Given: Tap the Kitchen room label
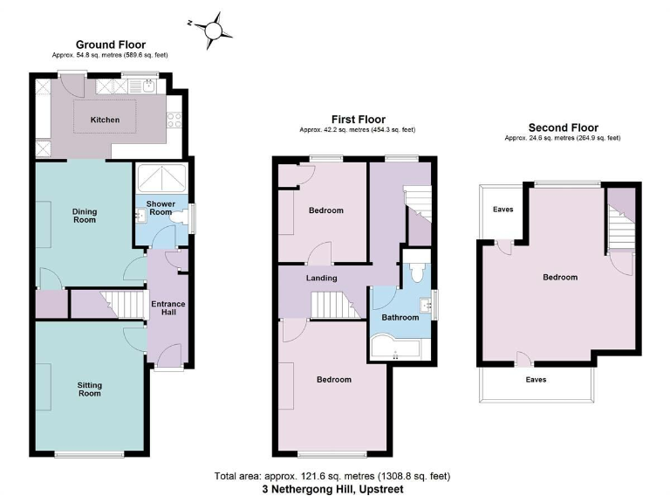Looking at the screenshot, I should tap(106, 121).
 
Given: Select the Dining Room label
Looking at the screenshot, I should tap(85, 216).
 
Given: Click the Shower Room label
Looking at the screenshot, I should tap(161, 209).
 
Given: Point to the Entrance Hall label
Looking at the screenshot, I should tap(168, 308).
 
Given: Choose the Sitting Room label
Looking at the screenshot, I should tap(89, 389).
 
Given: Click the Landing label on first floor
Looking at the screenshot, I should tap(321, 278).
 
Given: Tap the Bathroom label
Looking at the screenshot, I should tap(400, 317).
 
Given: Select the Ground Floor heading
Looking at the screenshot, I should tap(110, 45).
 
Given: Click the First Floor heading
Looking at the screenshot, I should tap(358, 120).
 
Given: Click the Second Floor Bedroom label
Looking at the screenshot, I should tap(560, 278).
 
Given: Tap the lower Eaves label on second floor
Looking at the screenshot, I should tap(535, 380).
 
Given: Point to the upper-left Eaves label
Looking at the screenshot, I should tap(502, 210).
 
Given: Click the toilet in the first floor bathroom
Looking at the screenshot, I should tap(417, 273).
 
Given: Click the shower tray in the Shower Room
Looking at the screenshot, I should tap(161, 178).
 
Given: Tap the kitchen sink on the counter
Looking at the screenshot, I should tap(150, 86).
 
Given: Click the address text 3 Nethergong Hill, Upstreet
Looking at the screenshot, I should tap(332, 489).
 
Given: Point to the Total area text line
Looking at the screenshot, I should tap(332, 476).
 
